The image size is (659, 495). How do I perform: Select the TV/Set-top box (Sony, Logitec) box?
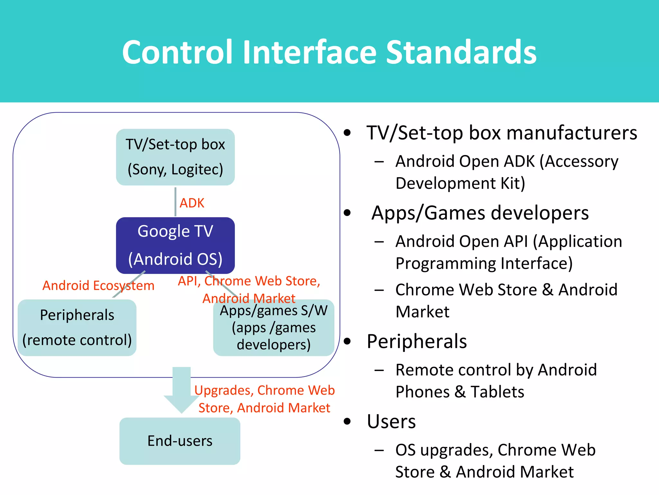(175, 157)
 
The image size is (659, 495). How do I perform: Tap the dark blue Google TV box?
(175, 245)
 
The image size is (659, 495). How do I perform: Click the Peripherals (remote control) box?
(77, 328)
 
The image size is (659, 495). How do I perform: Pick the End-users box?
(180, 441)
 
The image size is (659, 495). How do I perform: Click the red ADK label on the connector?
(192, 203)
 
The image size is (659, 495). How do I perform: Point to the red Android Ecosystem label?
(98, 286)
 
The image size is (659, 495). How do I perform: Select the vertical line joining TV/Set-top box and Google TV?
(175, 202)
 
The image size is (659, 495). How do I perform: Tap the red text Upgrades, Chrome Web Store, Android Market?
(265, 399)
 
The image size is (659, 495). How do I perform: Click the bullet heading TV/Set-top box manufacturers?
(502, 133)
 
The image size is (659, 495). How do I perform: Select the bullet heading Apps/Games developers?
(480, 213)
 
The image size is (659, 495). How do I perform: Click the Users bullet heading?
(391, 422)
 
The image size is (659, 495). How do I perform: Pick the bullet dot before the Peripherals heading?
(347, 341)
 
